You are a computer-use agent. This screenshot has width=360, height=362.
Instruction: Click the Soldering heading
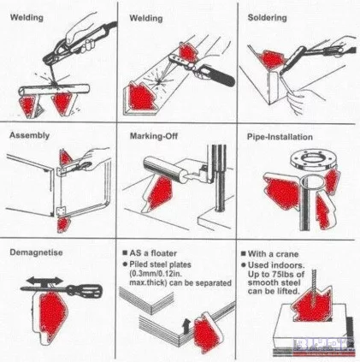(x=267, y=18)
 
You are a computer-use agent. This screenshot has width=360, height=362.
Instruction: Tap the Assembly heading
(x=29, y=135)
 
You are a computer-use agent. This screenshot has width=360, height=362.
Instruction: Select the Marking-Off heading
(x=154, y=136)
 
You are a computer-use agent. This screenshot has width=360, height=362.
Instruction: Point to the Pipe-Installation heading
(x=280, y=137)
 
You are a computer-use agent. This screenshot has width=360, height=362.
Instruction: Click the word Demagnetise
(x=36, y=252)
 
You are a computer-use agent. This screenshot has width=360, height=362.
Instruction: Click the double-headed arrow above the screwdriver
(x=45, y=280)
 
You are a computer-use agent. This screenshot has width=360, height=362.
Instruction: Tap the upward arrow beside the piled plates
(x=186, y=326)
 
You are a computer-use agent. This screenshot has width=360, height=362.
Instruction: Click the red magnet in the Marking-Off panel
(x=160, y=193)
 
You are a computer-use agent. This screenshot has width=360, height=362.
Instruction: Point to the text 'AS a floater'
(x=153, y=253)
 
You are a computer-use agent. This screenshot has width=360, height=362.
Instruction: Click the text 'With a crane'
(x=273, y=254)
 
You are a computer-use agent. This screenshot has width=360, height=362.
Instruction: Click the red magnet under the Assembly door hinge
(x=62, y=224)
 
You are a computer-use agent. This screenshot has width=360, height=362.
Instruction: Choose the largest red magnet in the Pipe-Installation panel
(x=282, y=192)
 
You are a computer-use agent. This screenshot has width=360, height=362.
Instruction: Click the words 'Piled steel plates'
(x=160, y=264)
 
